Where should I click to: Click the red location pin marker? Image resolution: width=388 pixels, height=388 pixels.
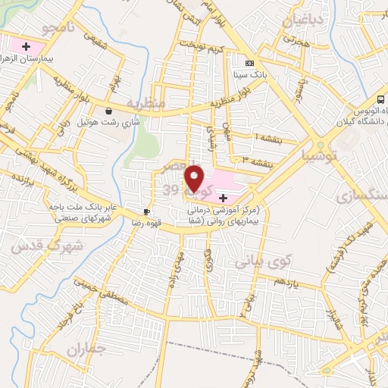(196, 179)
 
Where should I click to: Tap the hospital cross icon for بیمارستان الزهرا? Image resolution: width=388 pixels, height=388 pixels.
(27, 47)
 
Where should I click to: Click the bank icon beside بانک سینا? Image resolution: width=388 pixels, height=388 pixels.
(250, 63)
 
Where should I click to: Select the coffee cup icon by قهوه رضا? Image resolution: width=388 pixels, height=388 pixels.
(147, 212)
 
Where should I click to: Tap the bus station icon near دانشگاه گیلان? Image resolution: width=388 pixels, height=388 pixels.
(380, 100)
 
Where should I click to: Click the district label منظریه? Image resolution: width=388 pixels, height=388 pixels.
(145, 102)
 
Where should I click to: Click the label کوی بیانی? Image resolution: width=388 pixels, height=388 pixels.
(262, 262)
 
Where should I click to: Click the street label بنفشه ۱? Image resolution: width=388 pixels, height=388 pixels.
(267, 137)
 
